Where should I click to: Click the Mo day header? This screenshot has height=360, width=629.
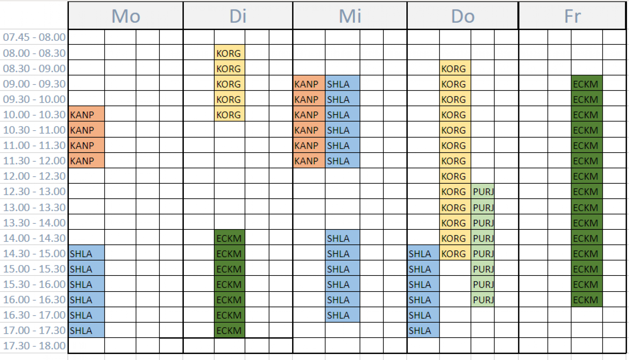coord(125,16)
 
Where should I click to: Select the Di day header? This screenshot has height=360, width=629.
coord(238,16)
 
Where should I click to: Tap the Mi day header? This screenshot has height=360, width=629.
coord(350,16)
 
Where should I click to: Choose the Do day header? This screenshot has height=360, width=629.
coord(463,16)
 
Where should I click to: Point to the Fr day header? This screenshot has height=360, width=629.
coord(572,16)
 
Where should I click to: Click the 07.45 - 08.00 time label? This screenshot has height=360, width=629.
coord(34,37)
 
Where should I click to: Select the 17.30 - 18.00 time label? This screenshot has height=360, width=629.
coord(34,346)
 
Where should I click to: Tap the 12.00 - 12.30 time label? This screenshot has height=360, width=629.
coord(34,176)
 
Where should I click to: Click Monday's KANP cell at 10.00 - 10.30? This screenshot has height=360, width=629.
coord(86,115)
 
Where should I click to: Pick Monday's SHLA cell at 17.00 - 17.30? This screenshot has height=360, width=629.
coord(86,330)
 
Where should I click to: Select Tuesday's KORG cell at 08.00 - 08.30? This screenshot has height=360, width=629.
coord(229,53)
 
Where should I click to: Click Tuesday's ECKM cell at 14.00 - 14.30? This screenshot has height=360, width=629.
coord(229,238)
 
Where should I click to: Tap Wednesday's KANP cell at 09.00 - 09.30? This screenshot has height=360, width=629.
coord(309,84)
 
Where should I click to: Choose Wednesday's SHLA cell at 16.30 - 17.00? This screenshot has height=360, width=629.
coord(342,315)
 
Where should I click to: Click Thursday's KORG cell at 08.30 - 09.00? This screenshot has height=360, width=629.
coord(455,68)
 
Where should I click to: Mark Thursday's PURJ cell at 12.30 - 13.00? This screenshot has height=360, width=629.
coord(483,191)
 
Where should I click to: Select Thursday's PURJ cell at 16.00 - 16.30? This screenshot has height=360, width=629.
coord(483,300)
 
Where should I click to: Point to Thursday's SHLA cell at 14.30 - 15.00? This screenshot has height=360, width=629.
coord(423,254)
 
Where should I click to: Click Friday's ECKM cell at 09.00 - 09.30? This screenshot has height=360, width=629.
coord(587,84)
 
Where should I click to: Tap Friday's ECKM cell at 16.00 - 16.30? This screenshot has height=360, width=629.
coord(587,300)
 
